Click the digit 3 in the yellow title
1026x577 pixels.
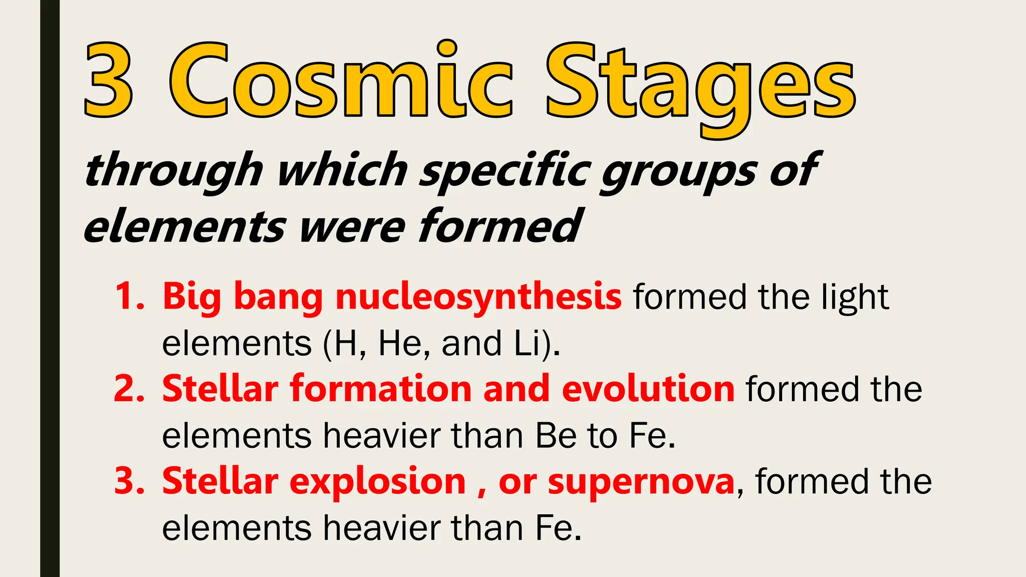pyautogui.click(x=109, y=80)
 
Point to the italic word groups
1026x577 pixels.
pyautogui.click(x=679, y=173)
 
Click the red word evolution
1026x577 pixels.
pyautogui.click(x=648, y=389)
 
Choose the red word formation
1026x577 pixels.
pyautogui.click(x=381, y=389)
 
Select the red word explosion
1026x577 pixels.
pyautogui.click(x=378, y=482)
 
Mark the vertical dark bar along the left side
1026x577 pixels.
pyautogui.click(x=50, y=288)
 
